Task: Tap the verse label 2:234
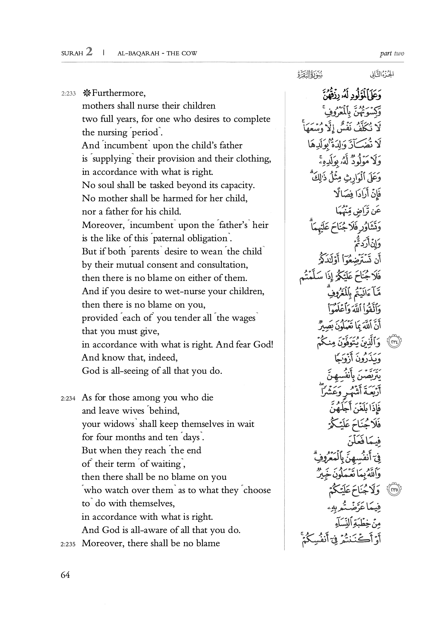tap(68, 398)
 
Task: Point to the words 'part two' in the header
tap(392, 53)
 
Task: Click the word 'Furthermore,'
tap(119, 93)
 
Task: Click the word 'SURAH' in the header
tap(72, 53)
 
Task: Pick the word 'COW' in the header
tap(189, 53)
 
